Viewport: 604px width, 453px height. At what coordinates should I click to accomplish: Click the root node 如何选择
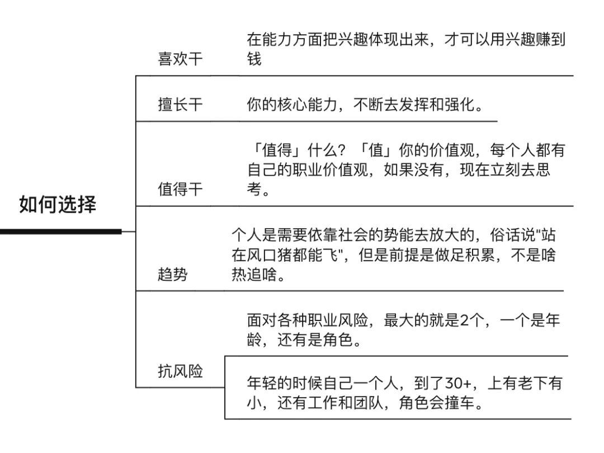point(58,205)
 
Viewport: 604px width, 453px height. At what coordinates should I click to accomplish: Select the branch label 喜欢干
point(181,59)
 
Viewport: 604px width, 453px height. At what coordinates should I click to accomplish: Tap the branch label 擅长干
point(181,105)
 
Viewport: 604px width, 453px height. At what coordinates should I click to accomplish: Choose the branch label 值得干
point(181,190)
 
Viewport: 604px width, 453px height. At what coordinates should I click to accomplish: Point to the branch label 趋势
point(173,275)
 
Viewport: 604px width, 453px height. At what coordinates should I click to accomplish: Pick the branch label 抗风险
point(181,371)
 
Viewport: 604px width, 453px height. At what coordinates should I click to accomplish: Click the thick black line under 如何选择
point(60,231)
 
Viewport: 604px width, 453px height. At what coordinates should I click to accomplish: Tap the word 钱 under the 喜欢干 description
point(254,59)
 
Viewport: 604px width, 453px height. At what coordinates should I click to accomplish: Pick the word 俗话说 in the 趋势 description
point(506,235)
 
